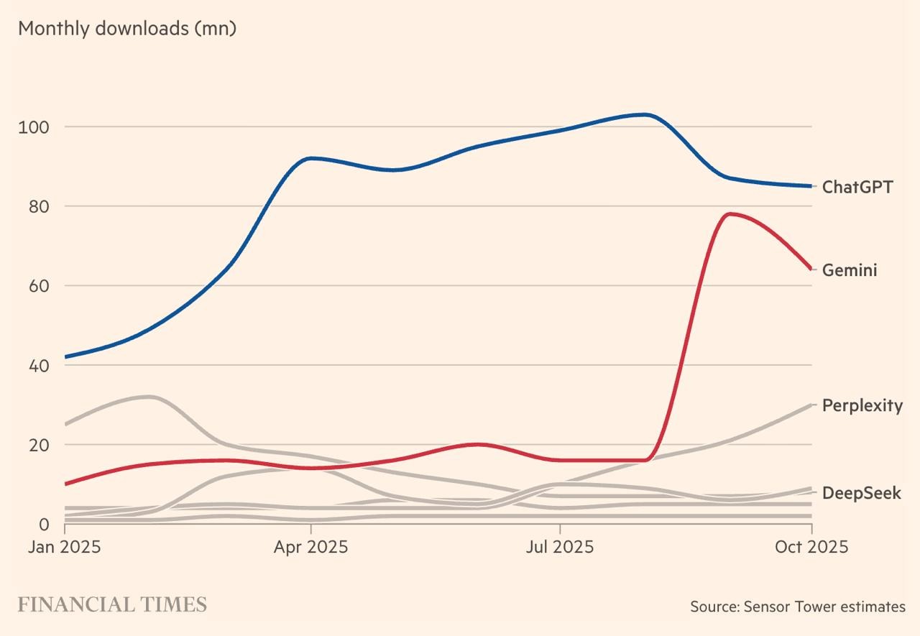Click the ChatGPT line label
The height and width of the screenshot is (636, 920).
pos(857,188)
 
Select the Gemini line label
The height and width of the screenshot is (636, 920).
pos(850,271)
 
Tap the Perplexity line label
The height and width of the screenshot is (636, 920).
pos(862,406)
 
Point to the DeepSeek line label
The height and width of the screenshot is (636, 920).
pos(861,494)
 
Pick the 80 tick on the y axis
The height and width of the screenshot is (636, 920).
pos(37,207)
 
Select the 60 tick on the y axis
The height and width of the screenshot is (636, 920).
pos(37,286)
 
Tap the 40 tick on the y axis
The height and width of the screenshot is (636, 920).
pos(37,366)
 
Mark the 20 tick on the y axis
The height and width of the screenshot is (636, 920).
pos(37,445)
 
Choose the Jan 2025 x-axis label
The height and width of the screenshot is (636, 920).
pos(65,547)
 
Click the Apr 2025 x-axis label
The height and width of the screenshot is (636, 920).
pos(310,547)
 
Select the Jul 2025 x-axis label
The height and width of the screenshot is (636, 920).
pos(560,547)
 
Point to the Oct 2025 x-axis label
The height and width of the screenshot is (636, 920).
pos(811,547)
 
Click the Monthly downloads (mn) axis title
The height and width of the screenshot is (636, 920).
pos(127,29)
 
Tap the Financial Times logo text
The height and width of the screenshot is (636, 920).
pos(112,605)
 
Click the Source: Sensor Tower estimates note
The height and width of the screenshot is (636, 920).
pos(798,607)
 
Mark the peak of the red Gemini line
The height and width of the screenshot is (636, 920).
pos(730,213)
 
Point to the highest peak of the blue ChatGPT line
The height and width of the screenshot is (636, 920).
pos(645,114)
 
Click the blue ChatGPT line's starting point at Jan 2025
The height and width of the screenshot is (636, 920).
pos(65,357)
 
